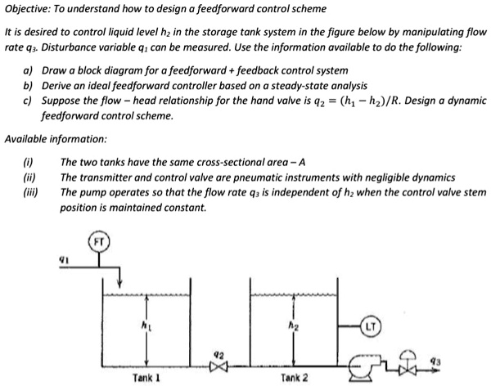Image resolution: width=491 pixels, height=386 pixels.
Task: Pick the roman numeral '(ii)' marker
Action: click(x=29, y=177)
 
